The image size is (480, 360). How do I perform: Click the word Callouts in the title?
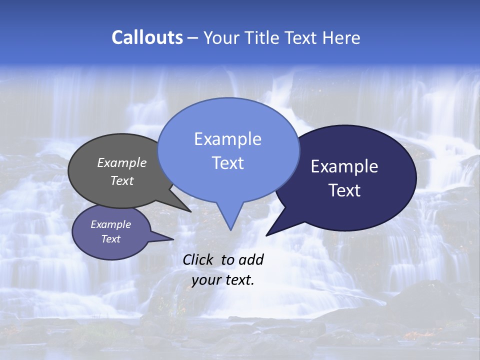click(x=147, y=37)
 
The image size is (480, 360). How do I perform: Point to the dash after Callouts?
click(x=193, y=38)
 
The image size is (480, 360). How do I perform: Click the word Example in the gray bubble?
click(x=121, y=162)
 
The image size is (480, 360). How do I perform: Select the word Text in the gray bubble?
click(x=121, y=180)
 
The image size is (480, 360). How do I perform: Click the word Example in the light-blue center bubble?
click(x=227, y=139)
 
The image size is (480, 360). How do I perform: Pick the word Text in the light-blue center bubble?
click(x=227, y=162)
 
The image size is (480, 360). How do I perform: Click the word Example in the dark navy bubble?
click(x=344, y=166)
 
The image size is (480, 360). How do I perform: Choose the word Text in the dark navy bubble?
click(x=344, y=190)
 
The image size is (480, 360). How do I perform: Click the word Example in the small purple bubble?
click(x=110, y=224)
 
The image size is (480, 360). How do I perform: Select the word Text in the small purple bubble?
click(x=110, y=239)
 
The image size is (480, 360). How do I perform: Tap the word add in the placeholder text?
click(x=250, y=259)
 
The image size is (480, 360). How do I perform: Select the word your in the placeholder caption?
click(x=206, y=280)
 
